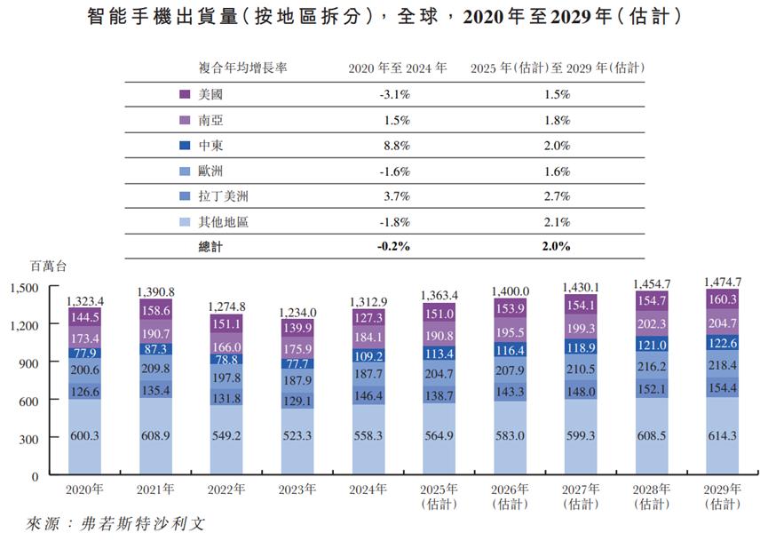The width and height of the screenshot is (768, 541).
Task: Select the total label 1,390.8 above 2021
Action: point(155,291)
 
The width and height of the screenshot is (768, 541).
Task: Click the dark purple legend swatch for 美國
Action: point(185,94)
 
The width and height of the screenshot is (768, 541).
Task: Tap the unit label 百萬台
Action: point(48,266)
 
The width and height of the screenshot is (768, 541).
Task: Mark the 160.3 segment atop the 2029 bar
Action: point(724,299)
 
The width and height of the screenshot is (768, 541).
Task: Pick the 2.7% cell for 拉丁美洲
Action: point(557,195)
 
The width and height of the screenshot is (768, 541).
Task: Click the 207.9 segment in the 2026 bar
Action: point(511,370)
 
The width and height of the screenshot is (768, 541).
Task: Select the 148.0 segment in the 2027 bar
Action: point(582,391)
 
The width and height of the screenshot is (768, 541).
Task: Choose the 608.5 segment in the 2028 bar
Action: point(653,436)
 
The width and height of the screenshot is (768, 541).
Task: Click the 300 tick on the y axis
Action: point(28,439)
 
